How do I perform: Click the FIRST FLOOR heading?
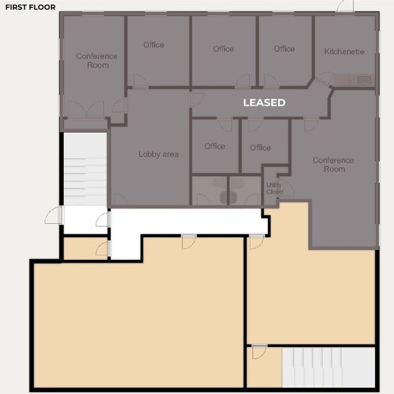pyautogui.click(x=30, y=7)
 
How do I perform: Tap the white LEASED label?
pyautogui.click(x=264, y=103)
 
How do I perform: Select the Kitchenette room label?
pyautogui.click(x=344, y=52)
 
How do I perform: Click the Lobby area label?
pyautogui.click(x=159, y=154)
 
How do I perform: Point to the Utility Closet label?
pyautogui.click(x=275, y=188)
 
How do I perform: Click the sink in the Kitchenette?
pyautogui.click(x=365, y=80)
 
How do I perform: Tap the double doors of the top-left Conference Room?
pyautogui.click(x=86, y=109)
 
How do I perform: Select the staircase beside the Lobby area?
pyautogui.click(x=85, y=169)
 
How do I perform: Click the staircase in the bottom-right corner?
pyautogui.click(x=328, y=367)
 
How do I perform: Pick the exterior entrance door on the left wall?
pyautogui.click(x=54, y=215)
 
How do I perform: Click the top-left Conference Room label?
pyautogui.click(x=96, y=60)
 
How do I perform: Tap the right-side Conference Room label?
pyautogui.click(x=334, y=165)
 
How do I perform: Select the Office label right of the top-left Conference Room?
pyautogui.click(x=154, y=45)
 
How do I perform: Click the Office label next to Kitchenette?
pyautogui.click(x=284, y=49)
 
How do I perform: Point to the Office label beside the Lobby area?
pyautogui.click(x=215, y=146)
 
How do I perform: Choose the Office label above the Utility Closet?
pyautogui.click(x=260, y=147)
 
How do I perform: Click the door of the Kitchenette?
pyautogui.click(x=324, y=78)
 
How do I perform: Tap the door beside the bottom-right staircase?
pyautogui.click(x=259, y=352)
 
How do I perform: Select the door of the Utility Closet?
pyautogui.click(x=286, y=188)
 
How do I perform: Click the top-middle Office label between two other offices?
pyautogui.click(x=223, y=49)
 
